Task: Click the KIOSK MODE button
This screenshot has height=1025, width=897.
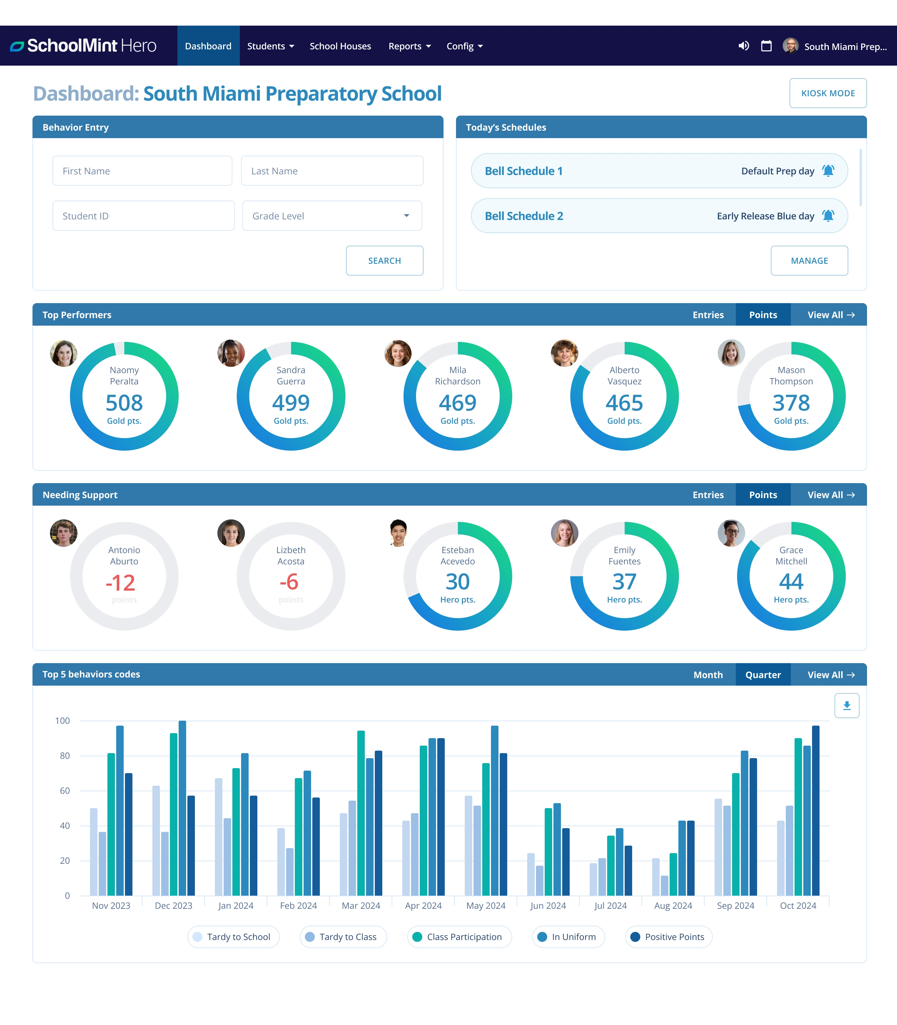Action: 828,93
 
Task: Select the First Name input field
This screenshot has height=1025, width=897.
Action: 142,171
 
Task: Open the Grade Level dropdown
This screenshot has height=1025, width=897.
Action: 332,216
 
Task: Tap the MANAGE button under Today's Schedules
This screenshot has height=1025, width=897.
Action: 809,260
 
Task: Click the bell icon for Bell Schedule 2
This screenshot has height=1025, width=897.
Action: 828,216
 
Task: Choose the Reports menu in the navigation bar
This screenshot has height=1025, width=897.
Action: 409,46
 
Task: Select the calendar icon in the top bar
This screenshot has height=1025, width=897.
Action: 766,46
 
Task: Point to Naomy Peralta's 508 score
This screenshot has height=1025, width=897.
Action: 124,402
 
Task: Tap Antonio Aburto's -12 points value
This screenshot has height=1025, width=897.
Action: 121,582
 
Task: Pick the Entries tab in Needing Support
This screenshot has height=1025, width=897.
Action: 708,495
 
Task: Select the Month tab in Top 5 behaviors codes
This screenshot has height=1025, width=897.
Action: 708,674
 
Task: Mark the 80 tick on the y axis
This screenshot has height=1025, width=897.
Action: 65,756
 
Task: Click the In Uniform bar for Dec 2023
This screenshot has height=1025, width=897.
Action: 182,808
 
